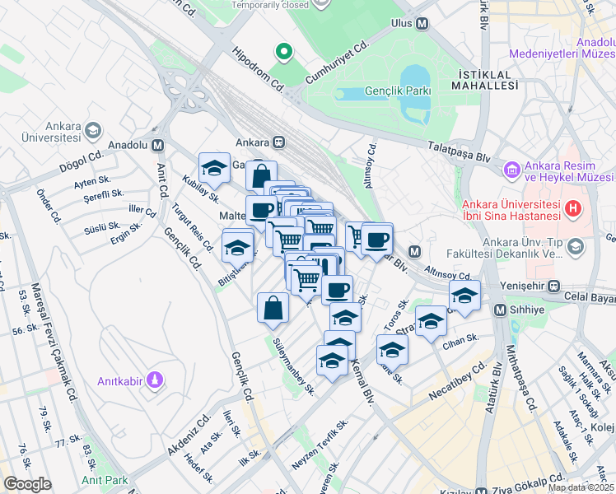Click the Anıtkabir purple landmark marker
point(154,380)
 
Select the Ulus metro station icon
point(422,24)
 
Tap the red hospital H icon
point(570,211)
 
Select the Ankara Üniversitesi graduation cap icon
point(92,132)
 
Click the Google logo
point(27,484)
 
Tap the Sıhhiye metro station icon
point(500,310)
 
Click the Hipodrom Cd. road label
point(258,68)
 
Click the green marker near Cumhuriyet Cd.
point(284,53)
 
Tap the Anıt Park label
point(105,479)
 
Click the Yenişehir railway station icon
point(553,287)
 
